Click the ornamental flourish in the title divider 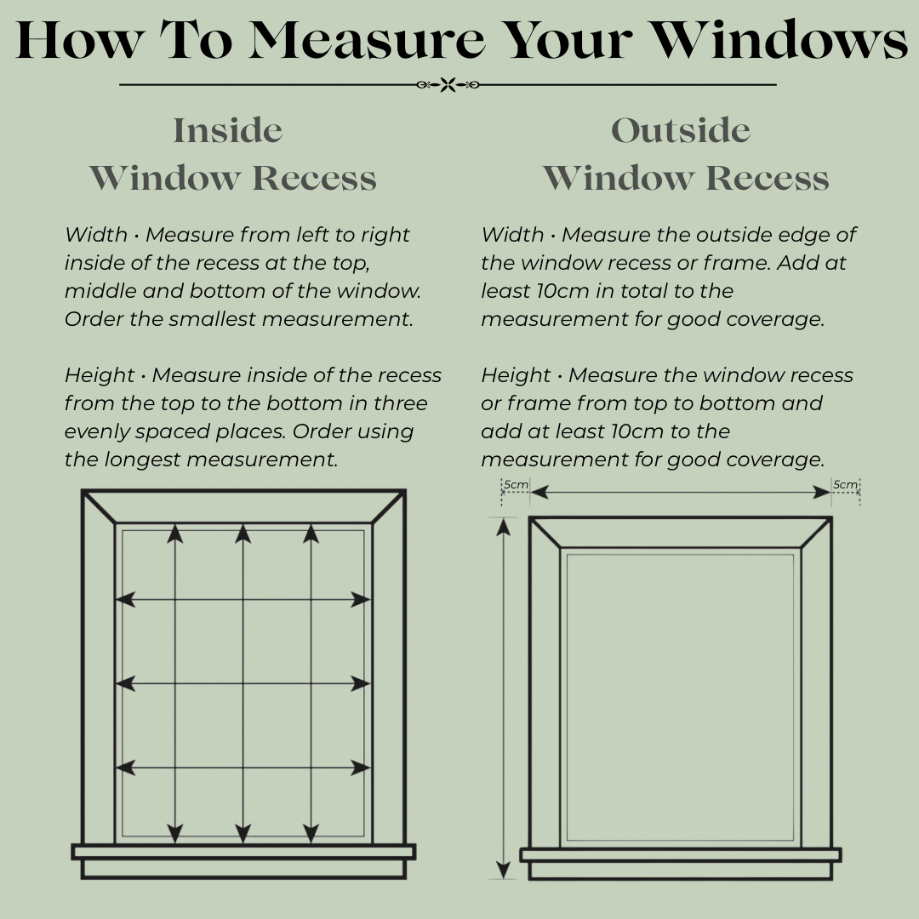[x=448, y=84]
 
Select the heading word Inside [x=228, y=131]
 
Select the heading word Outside [x=681, y=131]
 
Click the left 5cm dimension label [x=516, y=485]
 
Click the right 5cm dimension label [x=845, y=485]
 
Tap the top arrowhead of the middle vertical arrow [x=243, y=534]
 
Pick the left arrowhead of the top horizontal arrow [x=125, y=600]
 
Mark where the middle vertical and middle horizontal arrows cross [x=243, y=683]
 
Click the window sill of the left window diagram [x=243, y=852]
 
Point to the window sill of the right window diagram [x=681, y=854]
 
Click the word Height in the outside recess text [x=516, y=375]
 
